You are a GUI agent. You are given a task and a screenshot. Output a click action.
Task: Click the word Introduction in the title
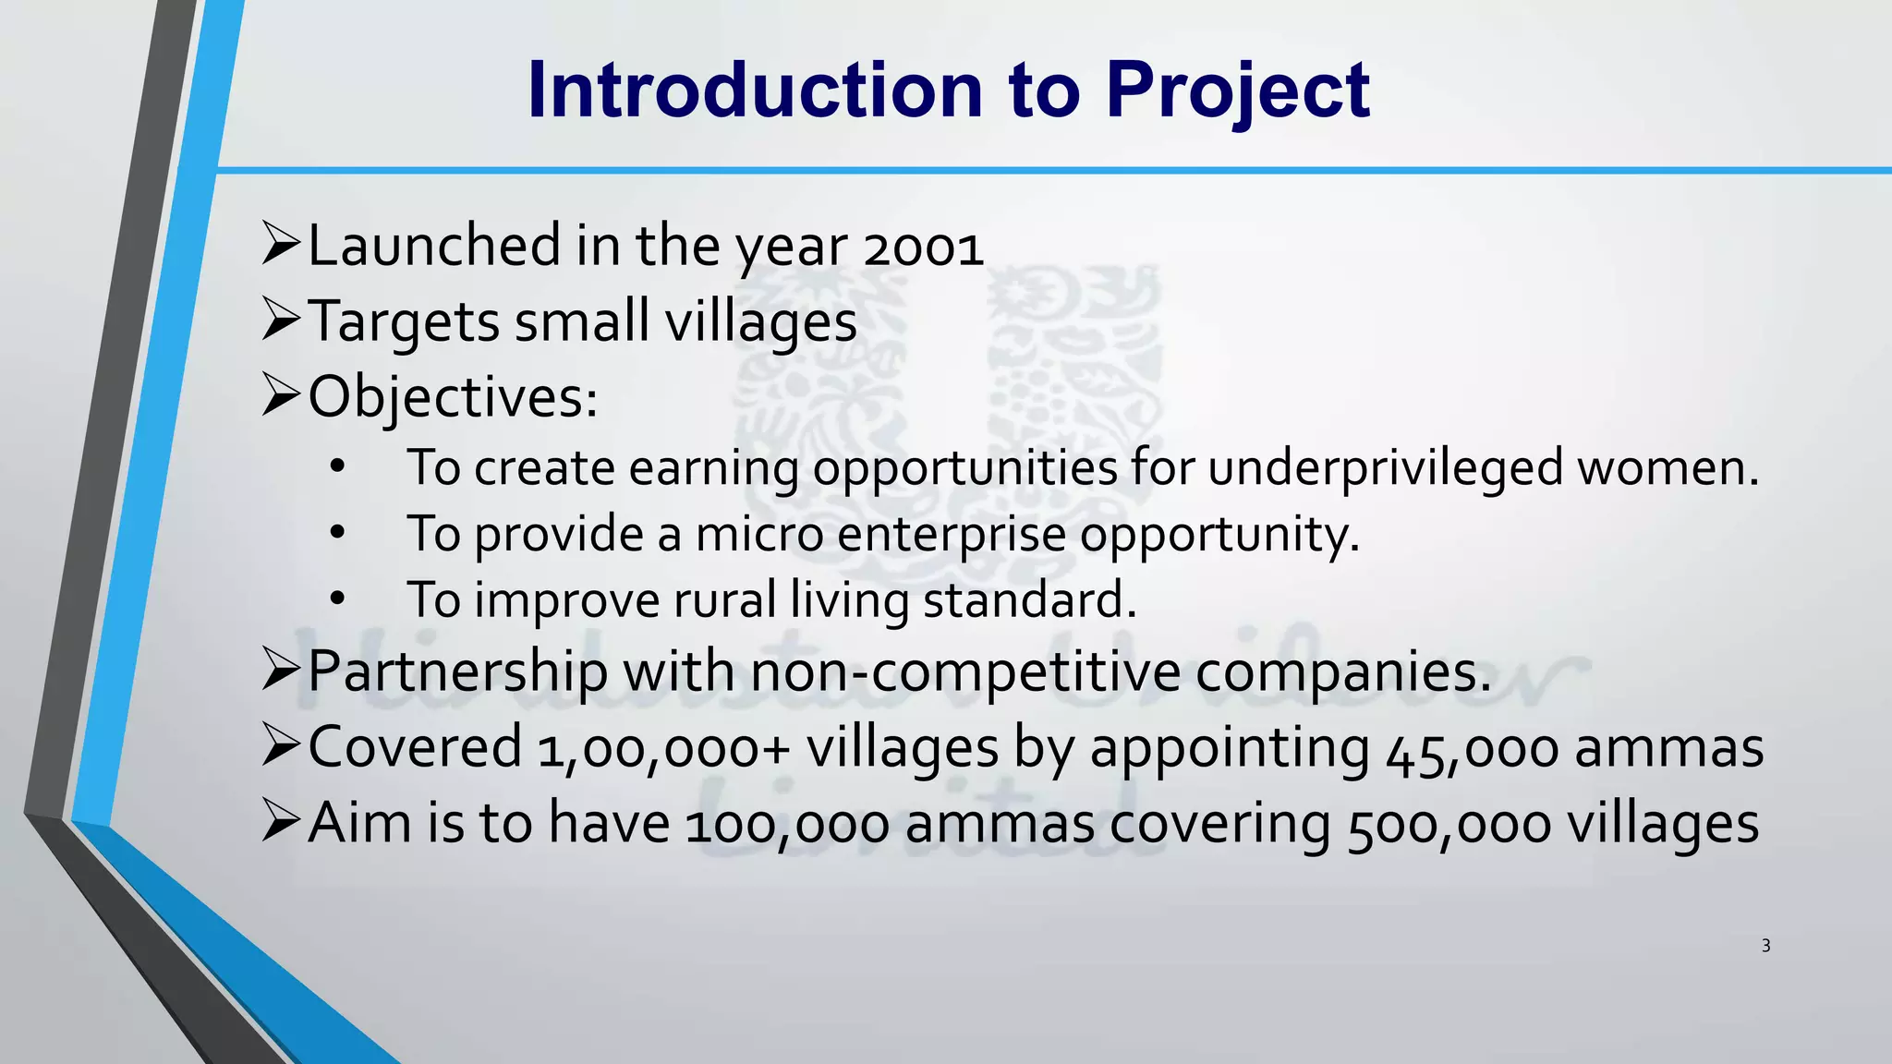coord(755,91)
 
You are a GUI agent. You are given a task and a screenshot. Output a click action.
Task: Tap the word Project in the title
coord(1238,91)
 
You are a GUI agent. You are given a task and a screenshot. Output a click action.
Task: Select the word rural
coord(724,600)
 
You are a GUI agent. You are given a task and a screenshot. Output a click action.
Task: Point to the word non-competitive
coord(964,671)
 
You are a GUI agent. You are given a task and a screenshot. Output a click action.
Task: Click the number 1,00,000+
coord(663,747)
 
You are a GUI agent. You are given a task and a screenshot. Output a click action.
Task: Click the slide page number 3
coord(1765,946)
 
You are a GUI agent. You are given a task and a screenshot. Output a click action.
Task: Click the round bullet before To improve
coord(337,600)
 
